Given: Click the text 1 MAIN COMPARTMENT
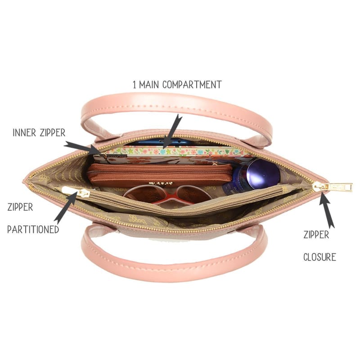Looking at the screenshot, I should point(177,84).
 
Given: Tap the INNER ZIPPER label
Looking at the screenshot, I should point(39,133).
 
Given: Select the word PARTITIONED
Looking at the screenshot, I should point(33,229).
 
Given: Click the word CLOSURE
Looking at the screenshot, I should point(319,257).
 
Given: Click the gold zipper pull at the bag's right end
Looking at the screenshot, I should point(333,186).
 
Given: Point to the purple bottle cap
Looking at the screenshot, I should point(263,173).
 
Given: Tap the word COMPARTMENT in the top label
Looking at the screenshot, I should point(192,84).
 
